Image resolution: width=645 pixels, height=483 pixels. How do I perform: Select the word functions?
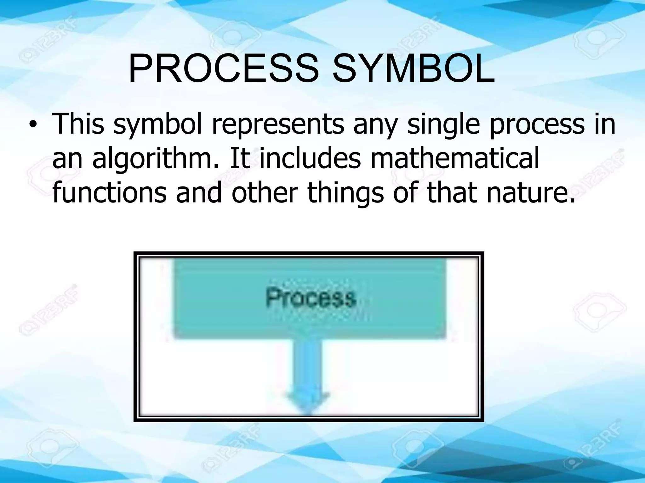[x=109, y=192]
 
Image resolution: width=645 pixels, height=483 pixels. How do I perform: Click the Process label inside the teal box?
[x=311, y=297]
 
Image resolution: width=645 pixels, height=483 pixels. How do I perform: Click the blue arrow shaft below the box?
[x=308, y=365]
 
